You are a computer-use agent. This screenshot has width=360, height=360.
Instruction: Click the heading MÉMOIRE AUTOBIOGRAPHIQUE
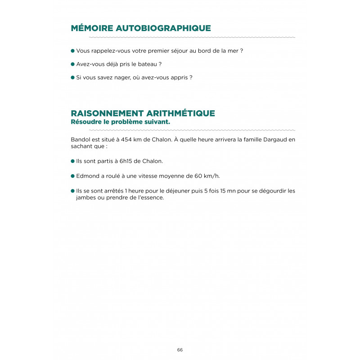pos(141,28)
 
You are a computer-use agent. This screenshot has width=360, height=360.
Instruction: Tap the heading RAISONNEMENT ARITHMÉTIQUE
pos(143,113)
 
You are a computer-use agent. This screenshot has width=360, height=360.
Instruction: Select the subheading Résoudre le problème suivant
pos(121,121)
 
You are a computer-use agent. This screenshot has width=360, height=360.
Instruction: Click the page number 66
pos(180,350)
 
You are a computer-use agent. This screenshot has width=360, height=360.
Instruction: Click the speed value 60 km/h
pos(210,176)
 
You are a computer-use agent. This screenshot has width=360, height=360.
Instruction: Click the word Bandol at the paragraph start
pos(80,139)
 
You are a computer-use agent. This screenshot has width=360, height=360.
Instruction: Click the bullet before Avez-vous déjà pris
pos(72,64)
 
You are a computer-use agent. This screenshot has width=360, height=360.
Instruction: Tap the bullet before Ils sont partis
pos(72,161)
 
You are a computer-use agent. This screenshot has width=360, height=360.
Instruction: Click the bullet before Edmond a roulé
pos(72,176)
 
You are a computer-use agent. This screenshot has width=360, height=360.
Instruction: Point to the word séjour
pos(174,51)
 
